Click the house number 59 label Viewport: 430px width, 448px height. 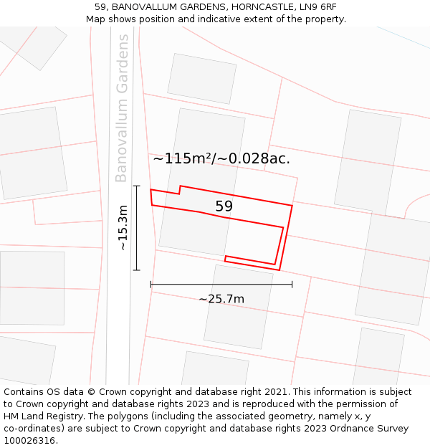tap(224, 206)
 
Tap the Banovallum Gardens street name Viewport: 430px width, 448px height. tap(122, 108)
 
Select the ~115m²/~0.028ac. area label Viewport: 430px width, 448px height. tap(221, 159)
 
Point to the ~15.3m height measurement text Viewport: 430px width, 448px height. tap(123, 227)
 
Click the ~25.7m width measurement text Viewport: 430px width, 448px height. tap(221, 299)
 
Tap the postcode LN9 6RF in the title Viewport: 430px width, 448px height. tap(316, 7)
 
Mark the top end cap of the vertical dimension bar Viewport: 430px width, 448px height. tap(136, 186)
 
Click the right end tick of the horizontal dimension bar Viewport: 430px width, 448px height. tap(292, 285)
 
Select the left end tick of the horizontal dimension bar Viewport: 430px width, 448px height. tap(150, 285)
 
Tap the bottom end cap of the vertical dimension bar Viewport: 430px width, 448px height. tap(136, 270)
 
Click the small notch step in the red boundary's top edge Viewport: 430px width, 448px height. tap(179, 189)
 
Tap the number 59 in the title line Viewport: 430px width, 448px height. tap(100, 7)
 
